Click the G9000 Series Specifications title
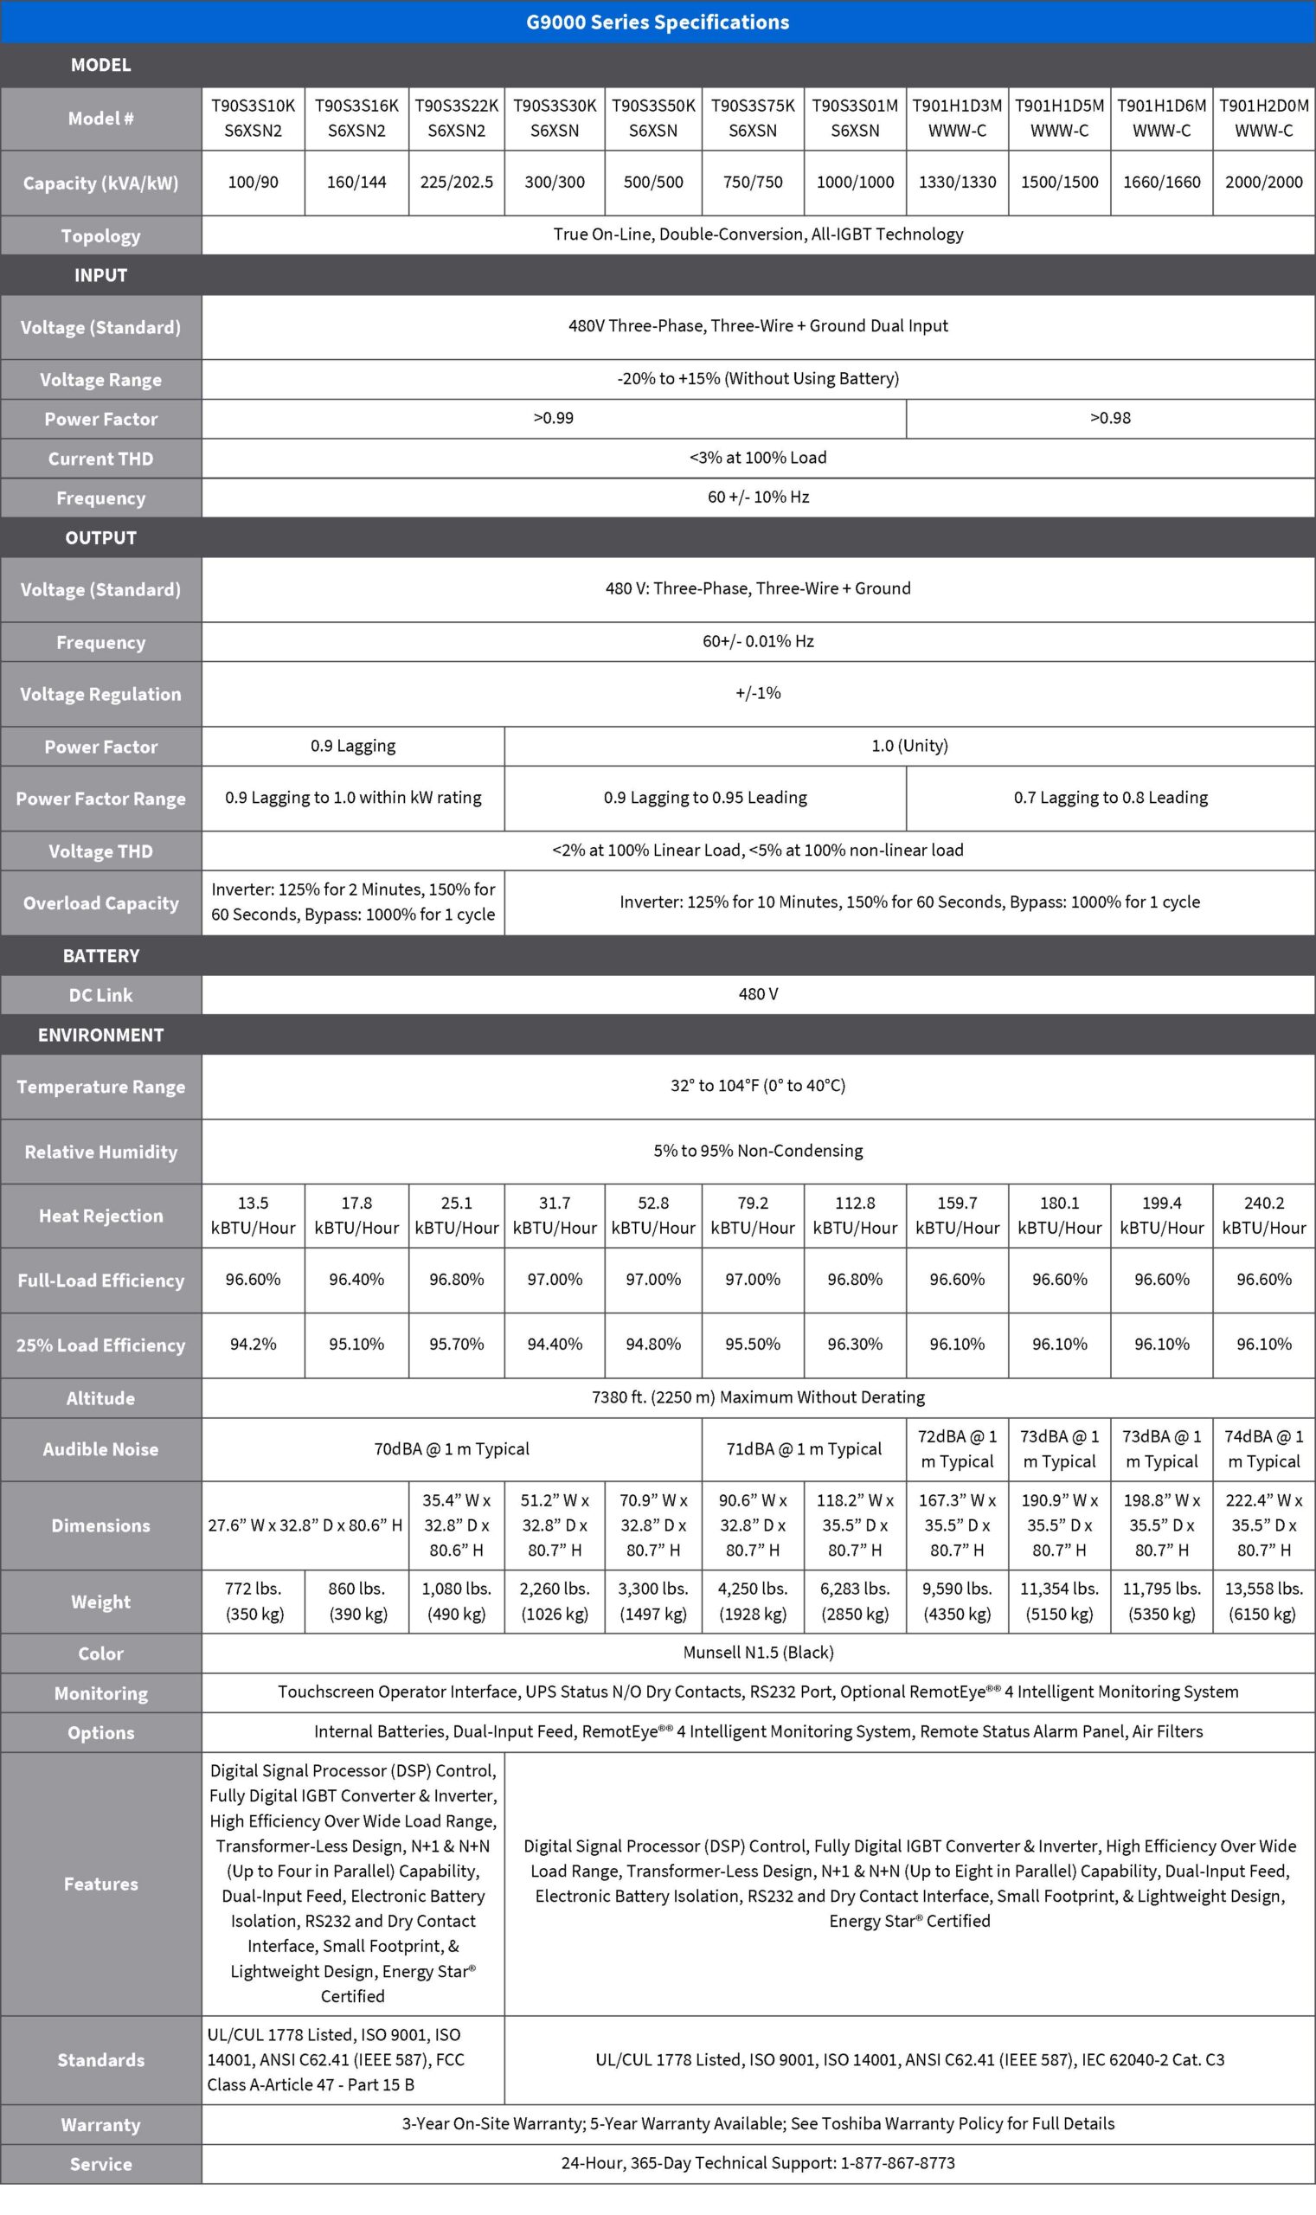coord(657,22)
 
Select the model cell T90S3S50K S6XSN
coord(652,118)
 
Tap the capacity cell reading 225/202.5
coord(456,183)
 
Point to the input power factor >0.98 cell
coord(1109,419)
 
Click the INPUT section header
coord(100,276)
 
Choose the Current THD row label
coord(100,459)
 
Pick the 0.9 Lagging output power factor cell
coord(353,746)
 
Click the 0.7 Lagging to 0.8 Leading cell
coord(1110,798)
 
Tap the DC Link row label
coord(100,995)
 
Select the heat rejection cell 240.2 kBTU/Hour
coord(1264,1216)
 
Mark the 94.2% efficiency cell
coord(253,1345)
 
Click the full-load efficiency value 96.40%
coord(356,1280)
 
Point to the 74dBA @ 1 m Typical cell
coord(1264,1449)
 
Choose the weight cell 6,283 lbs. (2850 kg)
coord(854,1602)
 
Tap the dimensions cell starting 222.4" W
coord(1264,1525)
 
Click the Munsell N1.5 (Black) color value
coord(758,1653)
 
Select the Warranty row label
coord(100,2125)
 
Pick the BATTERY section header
coord(100,956)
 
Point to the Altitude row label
coord(100,1398)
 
